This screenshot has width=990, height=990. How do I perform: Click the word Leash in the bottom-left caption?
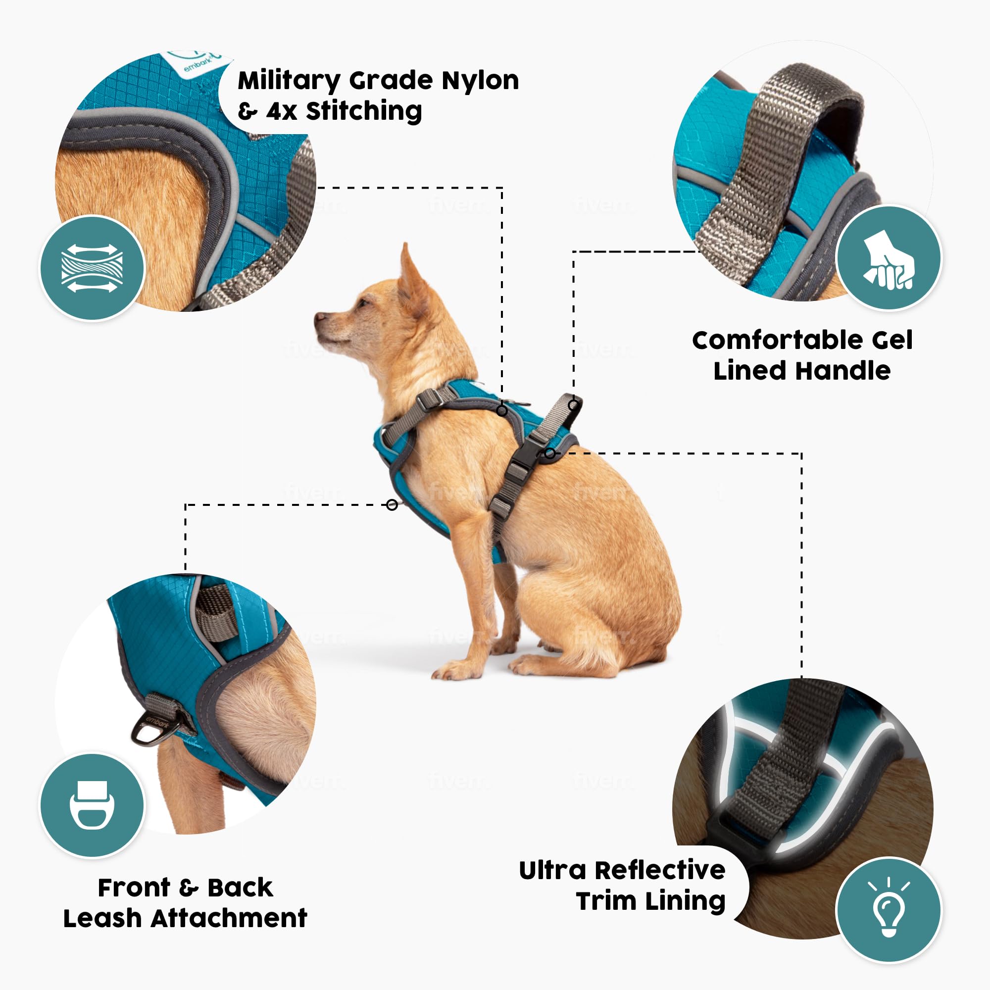[x=102, y=918]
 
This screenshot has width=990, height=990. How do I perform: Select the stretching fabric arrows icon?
[x=92, y=268]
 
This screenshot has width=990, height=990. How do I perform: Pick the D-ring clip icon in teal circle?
[x=92, y=805]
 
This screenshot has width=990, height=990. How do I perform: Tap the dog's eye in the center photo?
[x=364, y=303]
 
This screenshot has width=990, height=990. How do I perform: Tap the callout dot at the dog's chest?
[x=392, y=505]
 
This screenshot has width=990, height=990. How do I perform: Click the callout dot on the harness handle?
[x=573, y=405]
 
